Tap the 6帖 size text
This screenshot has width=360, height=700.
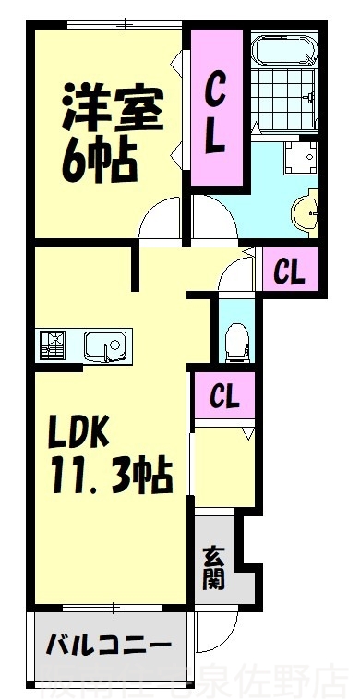click(100, 162)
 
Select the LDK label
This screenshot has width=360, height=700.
click(78, 431)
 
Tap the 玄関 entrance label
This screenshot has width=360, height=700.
click(213, 567)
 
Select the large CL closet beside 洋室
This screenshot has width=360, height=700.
click(215, 115)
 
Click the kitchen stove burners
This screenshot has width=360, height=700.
click(54, 345)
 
